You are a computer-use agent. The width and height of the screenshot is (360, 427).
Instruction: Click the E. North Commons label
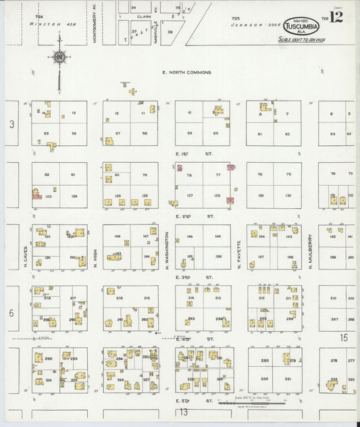point(186,72)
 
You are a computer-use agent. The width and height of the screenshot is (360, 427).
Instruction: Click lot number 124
point(74,196)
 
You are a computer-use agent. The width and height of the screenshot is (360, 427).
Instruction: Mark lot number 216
point(119,298)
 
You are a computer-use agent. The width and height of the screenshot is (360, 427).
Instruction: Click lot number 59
point(190,133)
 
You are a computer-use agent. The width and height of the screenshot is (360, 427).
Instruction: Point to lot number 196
point(217,256)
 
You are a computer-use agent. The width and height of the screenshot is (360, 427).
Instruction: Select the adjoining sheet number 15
point(344,336)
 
